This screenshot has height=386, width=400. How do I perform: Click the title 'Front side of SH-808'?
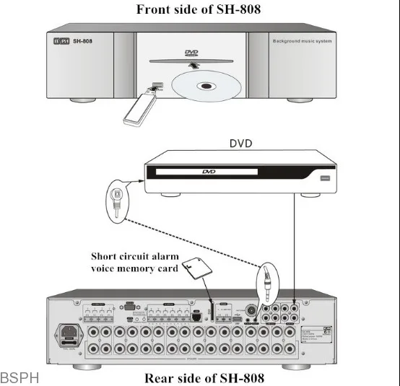pos(199,9)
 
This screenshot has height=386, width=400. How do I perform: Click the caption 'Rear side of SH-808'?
pos(204,377)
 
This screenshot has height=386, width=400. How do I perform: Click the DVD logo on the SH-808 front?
pos(191,53)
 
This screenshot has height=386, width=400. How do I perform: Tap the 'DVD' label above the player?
pos(240,142)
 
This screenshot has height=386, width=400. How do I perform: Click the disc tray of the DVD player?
pos(202,172)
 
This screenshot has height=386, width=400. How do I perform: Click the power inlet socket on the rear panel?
pos(71,335)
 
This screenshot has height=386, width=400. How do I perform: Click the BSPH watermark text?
pos(19,377)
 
